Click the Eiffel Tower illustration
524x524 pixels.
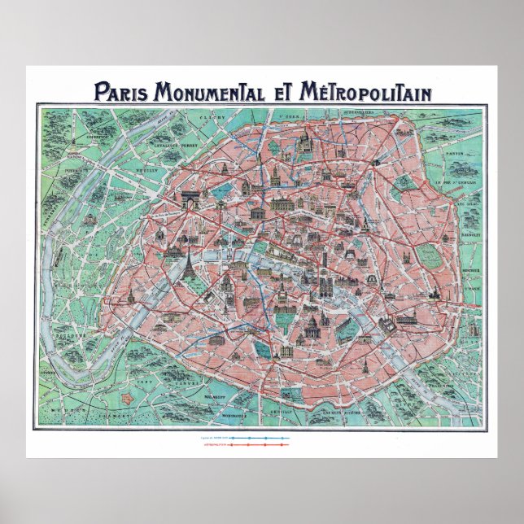coord(190,261)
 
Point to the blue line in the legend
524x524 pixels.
coord(259,437)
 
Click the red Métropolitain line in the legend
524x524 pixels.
coord(259,445)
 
